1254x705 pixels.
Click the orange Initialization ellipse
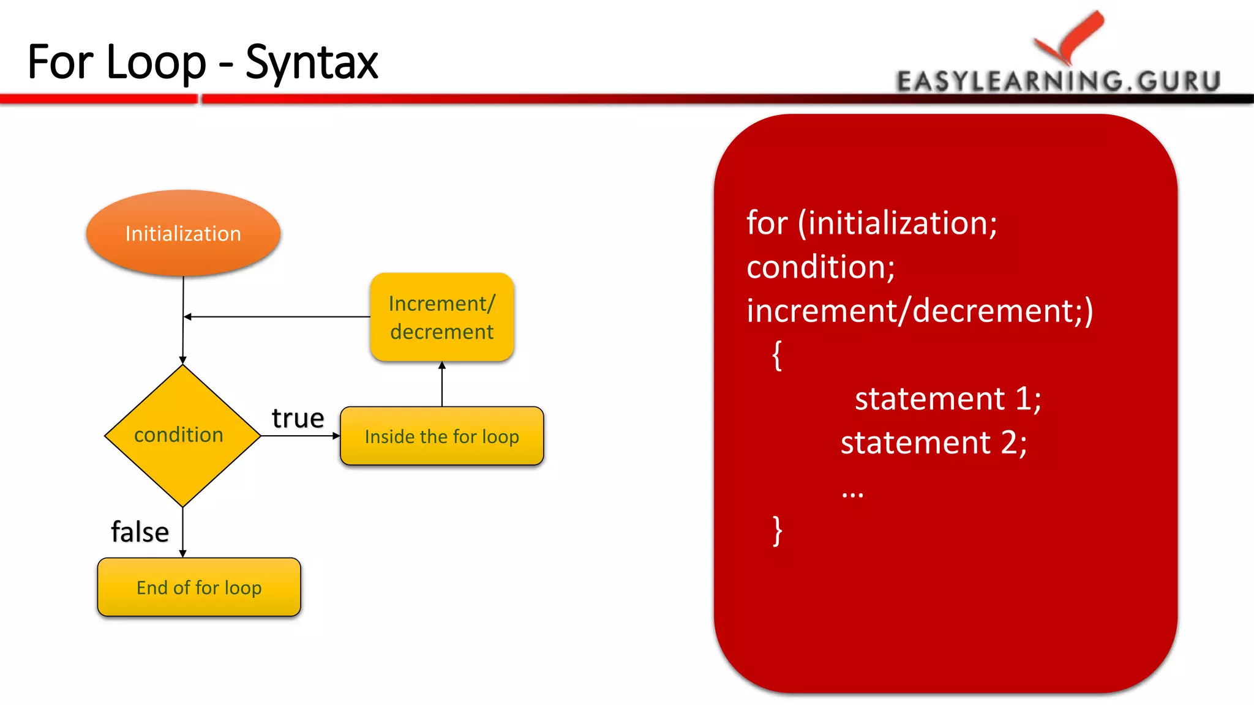coord(183,233)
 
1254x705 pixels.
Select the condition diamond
coord(182,435)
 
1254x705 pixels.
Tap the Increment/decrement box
coord(441,317)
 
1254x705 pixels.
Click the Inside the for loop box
coord(441,436)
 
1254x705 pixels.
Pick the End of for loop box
coord(199,587)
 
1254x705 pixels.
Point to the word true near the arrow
coord(298,418)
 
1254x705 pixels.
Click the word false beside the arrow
coord(140,531)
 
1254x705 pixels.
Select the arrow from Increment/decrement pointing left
coord(276,316)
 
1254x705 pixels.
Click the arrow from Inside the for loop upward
coord(442,384)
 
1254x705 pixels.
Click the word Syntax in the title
coord(312,62)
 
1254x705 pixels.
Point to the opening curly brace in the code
coord(777,355)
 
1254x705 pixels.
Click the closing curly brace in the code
coord(777,530)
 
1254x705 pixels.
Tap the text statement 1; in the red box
coord(947,399)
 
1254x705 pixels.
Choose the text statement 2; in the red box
coord(933,442)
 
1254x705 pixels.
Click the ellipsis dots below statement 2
coord(852,493)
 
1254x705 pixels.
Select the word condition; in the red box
coord(820,267)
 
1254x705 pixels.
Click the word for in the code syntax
coord(767,223)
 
